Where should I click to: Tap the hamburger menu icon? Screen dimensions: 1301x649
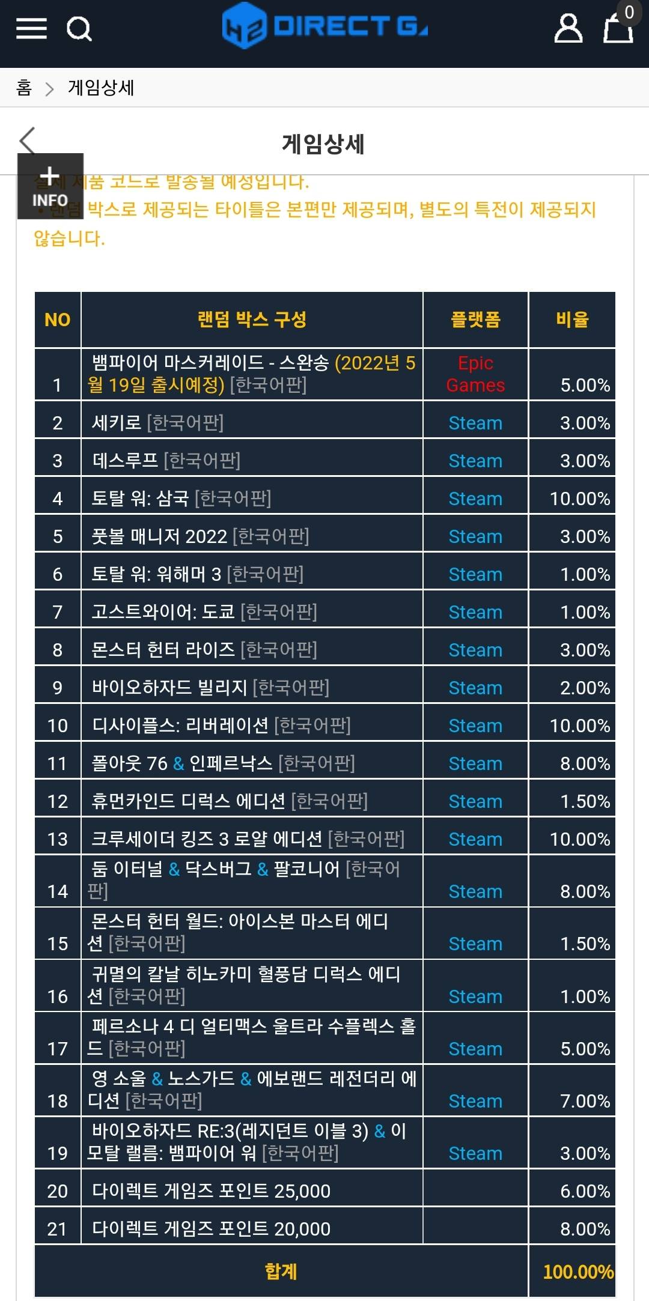tap(31, 28)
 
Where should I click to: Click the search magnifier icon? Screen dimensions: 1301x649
tap(79, 28)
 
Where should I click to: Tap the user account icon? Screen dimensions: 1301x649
tap(568, 28)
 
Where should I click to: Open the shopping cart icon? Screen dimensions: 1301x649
tap(618, 28)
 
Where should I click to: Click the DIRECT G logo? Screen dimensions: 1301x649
tap(324, 26)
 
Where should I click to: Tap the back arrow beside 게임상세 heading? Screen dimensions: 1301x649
tap(28, 141)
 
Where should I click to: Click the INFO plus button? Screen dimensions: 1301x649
tap(50, 186)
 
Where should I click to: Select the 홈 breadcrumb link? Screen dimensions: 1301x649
tap(24, 88)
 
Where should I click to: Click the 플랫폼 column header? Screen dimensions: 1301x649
tap(475, 320)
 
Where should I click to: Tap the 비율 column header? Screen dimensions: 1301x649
tap(572, 320)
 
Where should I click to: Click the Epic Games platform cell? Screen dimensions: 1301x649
tap(475, 374)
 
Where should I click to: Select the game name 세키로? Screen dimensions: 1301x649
tap(116, 423)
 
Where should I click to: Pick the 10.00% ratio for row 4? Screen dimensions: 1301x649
tap(580, 499)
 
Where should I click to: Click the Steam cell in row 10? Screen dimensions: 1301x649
tap(475, 726)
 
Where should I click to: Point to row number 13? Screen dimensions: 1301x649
tap(58, 839)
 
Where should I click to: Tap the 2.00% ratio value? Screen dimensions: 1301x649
tap(585, 688)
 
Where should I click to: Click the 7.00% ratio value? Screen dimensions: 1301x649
tap(585, 1101)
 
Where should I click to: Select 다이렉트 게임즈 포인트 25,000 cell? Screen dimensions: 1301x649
tap(211, 1191)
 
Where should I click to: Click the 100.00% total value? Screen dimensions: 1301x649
tap(578, 1272)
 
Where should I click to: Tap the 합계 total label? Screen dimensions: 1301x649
tap(281, 1272)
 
